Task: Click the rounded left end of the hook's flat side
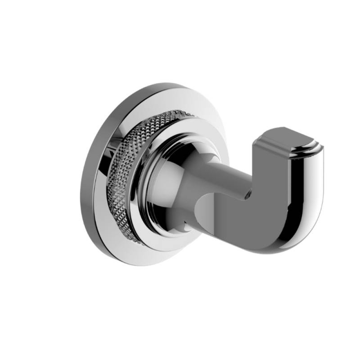coord(202,209)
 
